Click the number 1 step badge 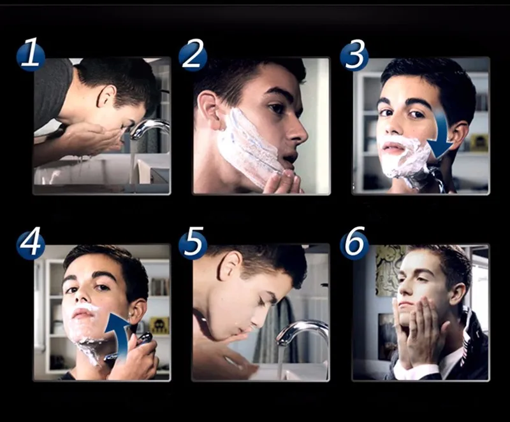point(31,54)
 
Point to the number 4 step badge point(31,243)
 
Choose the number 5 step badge point(193,243)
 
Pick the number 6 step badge point(354,243)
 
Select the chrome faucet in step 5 point(301,332)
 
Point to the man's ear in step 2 point(208,108)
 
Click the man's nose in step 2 point(298,132)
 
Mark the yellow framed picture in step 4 point(159,325)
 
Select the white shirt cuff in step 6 point(411,370)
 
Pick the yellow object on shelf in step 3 point(479,143)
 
